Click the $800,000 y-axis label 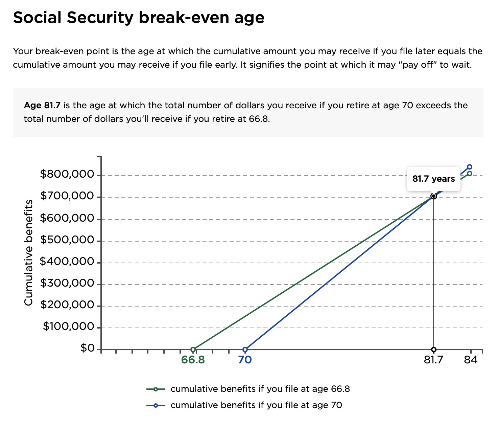point(67,174)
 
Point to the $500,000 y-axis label point(67,240)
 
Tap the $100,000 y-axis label point(68,327)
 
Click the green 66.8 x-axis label point(193,360)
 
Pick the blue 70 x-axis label point(245,360)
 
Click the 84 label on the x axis point(471,360)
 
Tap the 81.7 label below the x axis point(433,360)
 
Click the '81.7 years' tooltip point(433,179)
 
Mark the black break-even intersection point point(433,196)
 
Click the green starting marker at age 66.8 point(193,349)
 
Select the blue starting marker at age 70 point(245,349)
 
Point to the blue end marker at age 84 point(470,167)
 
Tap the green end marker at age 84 point(470,174)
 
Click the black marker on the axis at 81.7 point(433,349)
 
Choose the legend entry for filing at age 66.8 point(248,389)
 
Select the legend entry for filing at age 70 point(244,405)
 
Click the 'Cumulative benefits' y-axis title point(28,253)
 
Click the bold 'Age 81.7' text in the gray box point(42,106)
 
